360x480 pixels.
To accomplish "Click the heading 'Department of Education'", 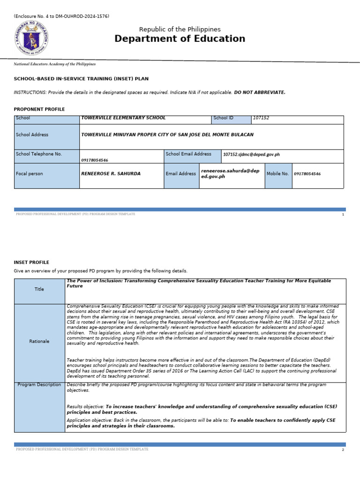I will click(180, 39).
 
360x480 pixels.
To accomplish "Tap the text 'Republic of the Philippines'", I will click(180, 29).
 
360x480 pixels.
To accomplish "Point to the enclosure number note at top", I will click(61, 16).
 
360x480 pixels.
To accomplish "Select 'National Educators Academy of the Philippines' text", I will click(54, 64).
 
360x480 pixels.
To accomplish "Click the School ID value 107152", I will click(261, 118).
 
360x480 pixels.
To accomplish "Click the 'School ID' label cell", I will click(231, 120).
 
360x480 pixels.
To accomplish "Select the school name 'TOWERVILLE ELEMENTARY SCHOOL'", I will click(123, 118).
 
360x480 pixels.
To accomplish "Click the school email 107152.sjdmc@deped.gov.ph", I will click(251, 154).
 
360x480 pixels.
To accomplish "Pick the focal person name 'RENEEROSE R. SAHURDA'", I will click(111, 173).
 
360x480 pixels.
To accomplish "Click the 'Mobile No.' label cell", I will click(278, 173).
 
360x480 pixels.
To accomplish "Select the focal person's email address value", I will click(230, 173).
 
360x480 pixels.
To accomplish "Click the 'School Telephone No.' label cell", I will click(46, 156).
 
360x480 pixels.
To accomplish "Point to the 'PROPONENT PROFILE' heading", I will click(39, 109).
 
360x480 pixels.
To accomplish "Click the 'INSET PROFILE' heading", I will click(31, 262).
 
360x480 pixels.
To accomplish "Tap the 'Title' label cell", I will click(39, 290).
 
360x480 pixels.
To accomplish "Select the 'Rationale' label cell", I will click(39, 341).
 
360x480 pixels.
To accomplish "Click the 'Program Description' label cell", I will click(39, 385).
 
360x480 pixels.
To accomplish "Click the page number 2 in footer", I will click(343, 450).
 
